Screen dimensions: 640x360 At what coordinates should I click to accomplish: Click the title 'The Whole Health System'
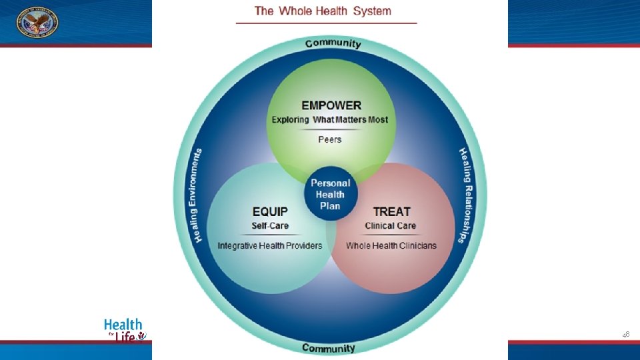pos(323,11)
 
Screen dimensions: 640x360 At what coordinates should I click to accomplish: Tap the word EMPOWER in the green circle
pos(331,105)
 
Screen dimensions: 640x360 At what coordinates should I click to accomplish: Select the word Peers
pos(329,139)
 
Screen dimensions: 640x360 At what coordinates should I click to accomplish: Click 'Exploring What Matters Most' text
pos(329,120)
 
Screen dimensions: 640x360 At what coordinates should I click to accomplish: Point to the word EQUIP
pos(270,211)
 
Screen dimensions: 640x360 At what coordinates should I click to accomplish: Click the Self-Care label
pos(270,226)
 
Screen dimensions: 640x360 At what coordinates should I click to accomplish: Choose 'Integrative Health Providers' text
pos(270,246)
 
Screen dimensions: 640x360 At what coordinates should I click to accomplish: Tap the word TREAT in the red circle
pos(391,211)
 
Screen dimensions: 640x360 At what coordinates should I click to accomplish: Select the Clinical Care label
pos(391,226)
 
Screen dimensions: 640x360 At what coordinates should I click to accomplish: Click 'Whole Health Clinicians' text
pos(391,246)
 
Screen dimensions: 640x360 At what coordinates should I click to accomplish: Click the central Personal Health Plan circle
pos(330,194)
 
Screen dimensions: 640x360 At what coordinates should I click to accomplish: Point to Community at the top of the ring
pos(333,44)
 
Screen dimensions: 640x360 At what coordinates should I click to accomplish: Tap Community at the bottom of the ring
pos(329,348)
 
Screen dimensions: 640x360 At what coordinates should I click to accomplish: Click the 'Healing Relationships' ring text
pos(465,195)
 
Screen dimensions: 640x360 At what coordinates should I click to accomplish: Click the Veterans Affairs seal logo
pos(37,22)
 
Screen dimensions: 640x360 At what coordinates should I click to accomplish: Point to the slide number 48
pos(625,334)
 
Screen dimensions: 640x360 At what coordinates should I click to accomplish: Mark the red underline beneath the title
pos(326,23)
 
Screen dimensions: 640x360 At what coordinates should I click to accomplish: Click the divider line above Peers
pos(329,129)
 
